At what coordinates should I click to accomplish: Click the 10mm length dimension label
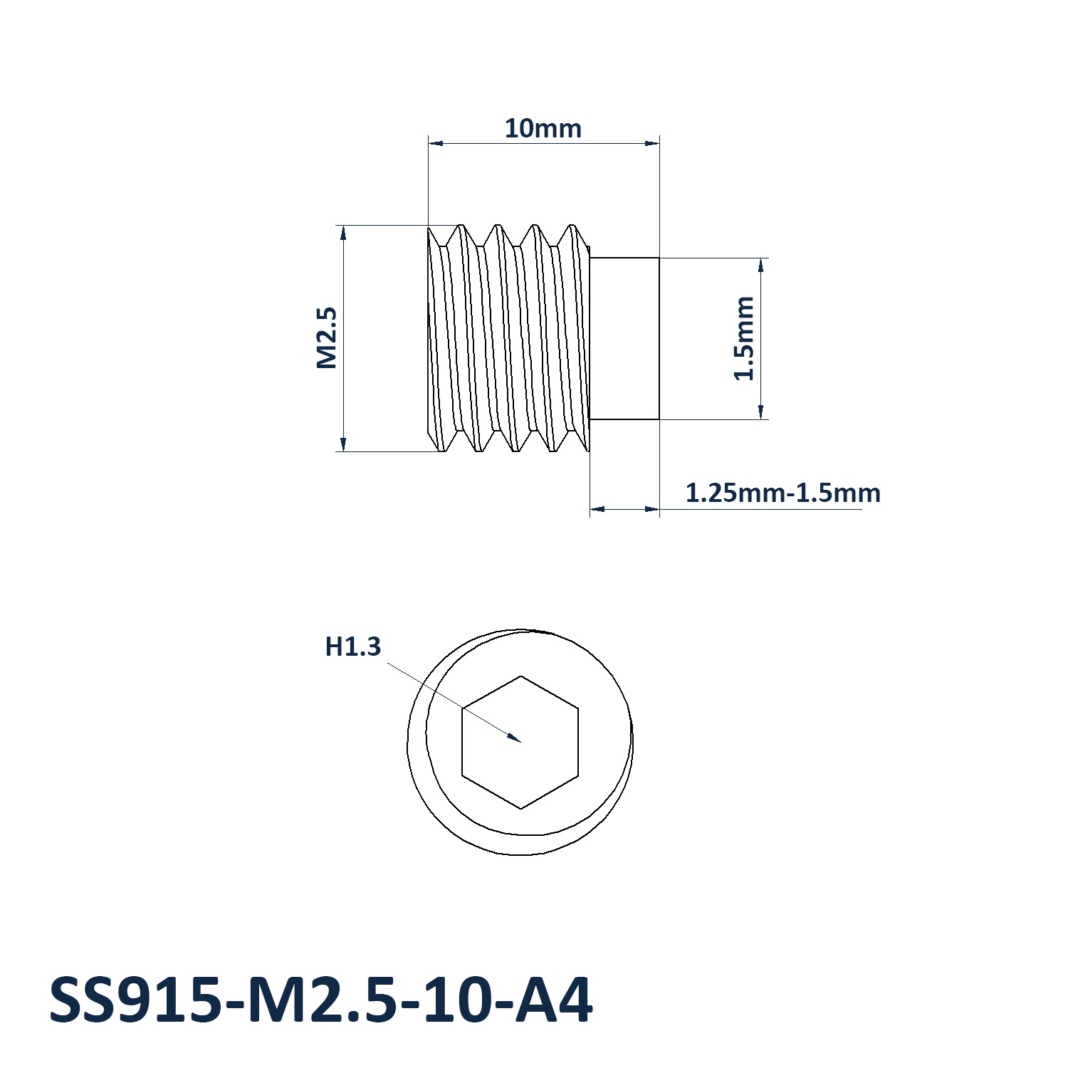[x=543, y=129]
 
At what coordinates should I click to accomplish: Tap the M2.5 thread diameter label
[x=326, y=338]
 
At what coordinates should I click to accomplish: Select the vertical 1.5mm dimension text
[x=743, y=338]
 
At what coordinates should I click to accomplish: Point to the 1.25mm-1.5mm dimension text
[x=782, y=493]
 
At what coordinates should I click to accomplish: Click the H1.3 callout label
[x=353, y=646]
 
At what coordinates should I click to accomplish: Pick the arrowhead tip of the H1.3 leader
[x=520, y=742]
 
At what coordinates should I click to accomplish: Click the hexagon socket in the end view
[x=520, y=742]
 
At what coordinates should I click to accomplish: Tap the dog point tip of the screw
[x=625, y=338]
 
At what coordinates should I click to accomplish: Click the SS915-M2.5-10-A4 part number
[x=320, y=1000]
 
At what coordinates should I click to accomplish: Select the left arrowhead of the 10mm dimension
[x=429, y=143]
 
